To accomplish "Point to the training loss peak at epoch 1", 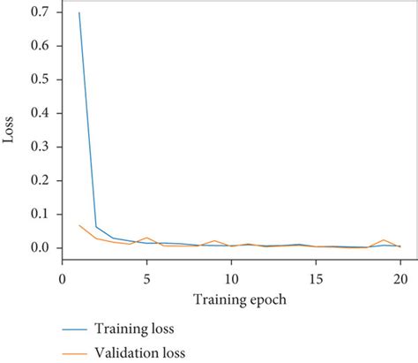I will point(79,14).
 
